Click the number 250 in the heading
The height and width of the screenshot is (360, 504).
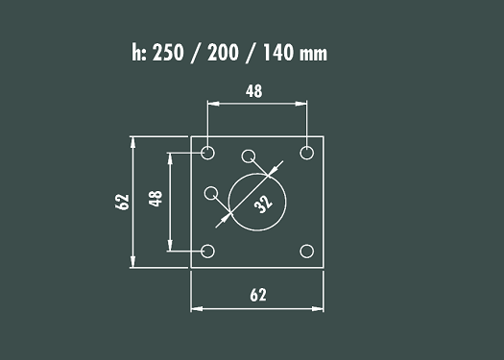(168, 53)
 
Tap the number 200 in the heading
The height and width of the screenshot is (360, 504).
(223, 53)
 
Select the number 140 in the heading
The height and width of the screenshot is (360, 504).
(278, 53)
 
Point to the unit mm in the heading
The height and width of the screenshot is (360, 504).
(313, 55)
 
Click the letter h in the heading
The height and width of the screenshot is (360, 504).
(136, 52)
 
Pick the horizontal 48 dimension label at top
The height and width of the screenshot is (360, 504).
(254, 91)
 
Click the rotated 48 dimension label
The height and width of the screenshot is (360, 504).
(156, 199)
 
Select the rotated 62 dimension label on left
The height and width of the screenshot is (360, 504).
(122, 202)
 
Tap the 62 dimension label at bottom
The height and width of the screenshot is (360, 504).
(258, 295)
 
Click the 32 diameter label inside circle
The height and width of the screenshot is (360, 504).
(263, 204)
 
